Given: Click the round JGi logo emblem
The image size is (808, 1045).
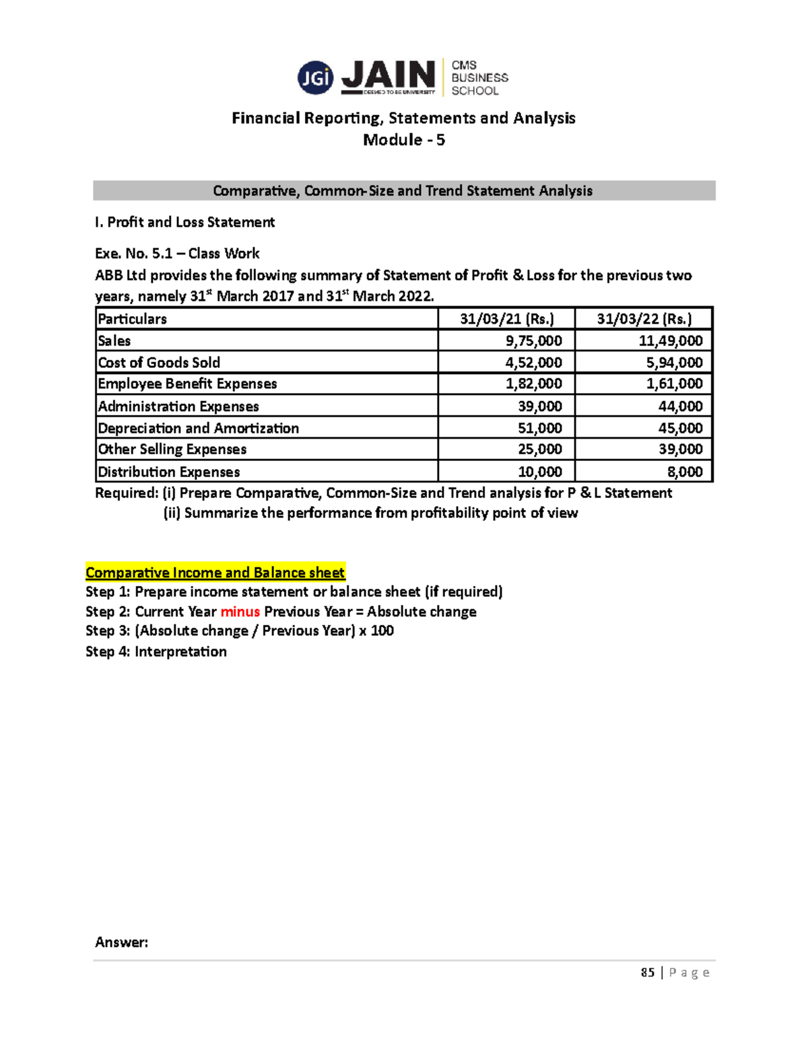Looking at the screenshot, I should pos(315,78).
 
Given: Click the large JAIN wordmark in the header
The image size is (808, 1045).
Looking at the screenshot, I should pos(389,75).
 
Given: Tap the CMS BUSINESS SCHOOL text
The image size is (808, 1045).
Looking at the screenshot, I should pos(479,78).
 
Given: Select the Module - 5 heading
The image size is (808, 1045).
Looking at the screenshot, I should pos(403,140).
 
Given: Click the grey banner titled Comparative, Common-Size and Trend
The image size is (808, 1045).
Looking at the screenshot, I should pos(403,190).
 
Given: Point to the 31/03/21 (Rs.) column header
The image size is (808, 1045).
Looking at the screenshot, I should pos(506,319).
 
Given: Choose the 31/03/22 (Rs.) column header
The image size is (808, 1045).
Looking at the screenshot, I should pos(644,319).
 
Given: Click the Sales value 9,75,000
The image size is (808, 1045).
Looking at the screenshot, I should pos(533,340).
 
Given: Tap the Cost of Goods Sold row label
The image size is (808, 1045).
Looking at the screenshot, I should pos(159,363).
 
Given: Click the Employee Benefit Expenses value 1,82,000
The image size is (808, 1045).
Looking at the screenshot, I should pos(533,384).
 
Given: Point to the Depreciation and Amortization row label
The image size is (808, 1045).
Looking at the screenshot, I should pos(198,428).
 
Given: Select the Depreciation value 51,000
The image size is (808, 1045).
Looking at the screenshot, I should pos(539,428).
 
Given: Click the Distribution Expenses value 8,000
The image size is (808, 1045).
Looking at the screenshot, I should pos(685,472).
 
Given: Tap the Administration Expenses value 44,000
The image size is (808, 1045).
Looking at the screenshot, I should pos(680,406).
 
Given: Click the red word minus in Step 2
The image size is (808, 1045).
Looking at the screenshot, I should pos(240,612).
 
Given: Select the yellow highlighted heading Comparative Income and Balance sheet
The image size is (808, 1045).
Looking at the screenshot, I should pos(215,573).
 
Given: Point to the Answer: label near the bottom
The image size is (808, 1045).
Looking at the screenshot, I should pos(121,942).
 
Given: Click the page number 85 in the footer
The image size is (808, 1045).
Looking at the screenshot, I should pos(647,972).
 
